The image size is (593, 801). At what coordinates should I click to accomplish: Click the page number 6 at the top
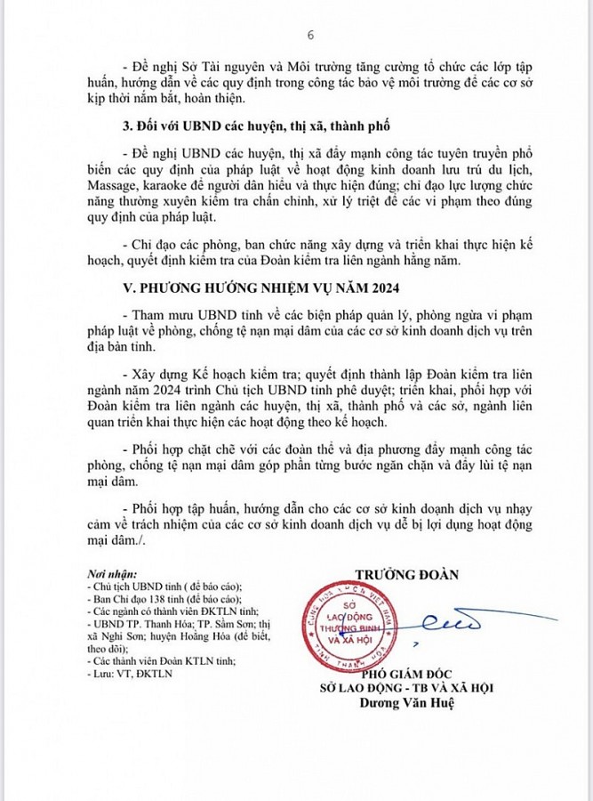[310, 35]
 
